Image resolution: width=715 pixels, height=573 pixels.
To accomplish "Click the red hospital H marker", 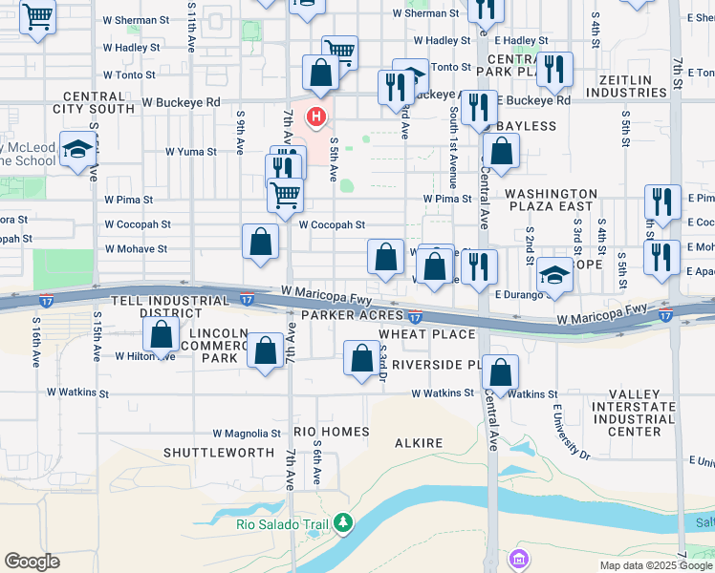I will [x=314, y=117].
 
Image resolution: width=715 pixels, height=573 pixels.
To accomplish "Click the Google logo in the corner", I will [x=32, y=561].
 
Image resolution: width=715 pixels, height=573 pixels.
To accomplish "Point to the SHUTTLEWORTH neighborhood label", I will [x=212, y=452].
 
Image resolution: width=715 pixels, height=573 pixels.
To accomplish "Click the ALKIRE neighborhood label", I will [x=419, y=443].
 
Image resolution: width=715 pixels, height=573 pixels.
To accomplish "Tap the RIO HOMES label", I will [x=332, y=432].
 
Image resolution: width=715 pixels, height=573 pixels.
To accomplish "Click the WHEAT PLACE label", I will [x=427, y=333].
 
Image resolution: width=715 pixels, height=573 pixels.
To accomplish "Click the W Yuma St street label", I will [x=187, y=151].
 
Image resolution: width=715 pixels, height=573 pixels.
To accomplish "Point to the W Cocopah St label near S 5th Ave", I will [x=332, y=225].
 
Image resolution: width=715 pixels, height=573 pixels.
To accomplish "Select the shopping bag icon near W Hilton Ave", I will [x=162, y=334].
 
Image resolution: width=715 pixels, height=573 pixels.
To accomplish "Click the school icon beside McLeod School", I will [x=76, y=149].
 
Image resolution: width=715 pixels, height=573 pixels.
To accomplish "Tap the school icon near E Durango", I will [x=554, y=274].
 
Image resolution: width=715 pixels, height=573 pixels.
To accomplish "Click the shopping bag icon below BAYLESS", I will [x=501, y=150].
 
